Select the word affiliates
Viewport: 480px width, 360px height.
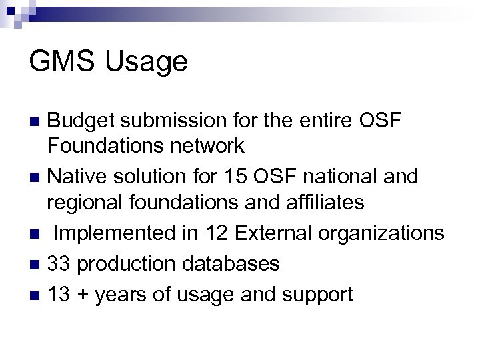click(x=323, y=202)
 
